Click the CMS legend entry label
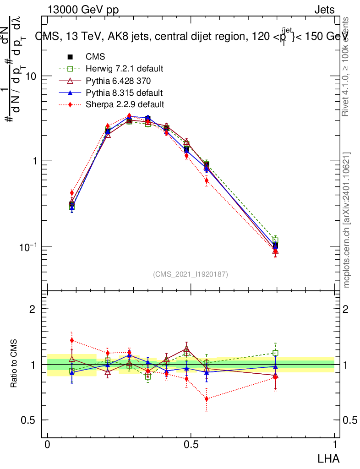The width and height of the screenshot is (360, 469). [x=95, y=57]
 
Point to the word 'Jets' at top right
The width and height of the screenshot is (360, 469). [x=324, y=10]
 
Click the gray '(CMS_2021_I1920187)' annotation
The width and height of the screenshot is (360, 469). [x=191, y=274]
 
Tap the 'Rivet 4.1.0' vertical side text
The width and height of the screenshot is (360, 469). [x=346, y=66]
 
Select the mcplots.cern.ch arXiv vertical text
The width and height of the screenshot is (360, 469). [x=346, y=220]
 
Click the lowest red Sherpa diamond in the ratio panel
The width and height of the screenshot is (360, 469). [x=207, y=398]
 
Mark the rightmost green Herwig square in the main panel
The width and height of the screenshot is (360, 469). [x=275, y=240]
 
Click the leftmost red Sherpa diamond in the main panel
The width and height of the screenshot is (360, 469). [x=71, y=193]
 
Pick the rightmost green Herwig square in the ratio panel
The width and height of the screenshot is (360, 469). [x=275, y=353]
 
